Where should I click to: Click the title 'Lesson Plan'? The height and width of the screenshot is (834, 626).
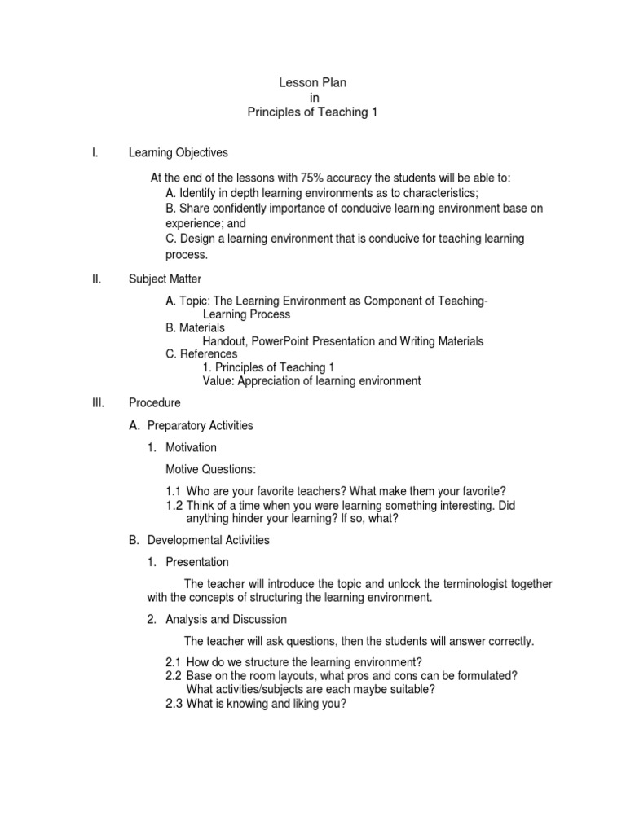312,83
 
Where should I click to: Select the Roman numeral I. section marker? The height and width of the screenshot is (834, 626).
95,152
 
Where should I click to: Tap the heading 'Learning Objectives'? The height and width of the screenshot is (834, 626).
178,152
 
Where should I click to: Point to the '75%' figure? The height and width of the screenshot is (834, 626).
315,178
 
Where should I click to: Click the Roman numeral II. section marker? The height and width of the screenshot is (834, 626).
96,279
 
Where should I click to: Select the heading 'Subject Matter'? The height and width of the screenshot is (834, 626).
165,279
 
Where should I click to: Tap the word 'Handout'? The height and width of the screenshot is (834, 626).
224,341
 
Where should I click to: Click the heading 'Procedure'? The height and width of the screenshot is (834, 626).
154,402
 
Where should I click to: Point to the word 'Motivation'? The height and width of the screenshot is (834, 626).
191,447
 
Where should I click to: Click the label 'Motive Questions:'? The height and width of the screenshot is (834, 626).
210,469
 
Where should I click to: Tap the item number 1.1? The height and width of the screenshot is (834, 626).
174,491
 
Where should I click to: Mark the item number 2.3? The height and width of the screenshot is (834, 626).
173,705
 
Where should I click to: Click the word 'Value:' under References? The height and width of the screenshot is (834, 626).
218,380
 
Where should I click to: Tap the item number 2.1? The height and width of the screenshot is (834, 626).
173,662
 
